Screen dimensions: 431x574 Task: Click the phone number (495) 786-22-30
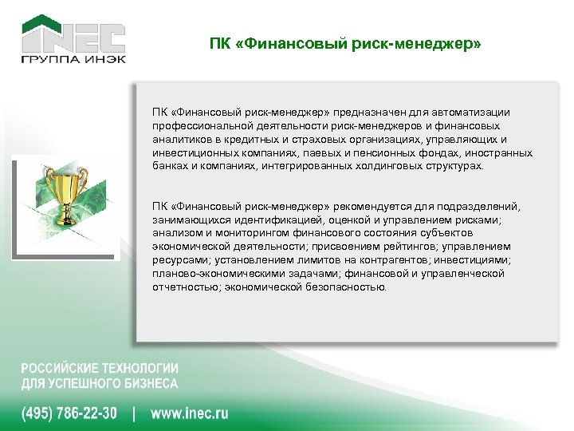pos(69,413)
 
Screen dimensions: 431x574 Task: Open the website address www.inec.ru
pos(190,413)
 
